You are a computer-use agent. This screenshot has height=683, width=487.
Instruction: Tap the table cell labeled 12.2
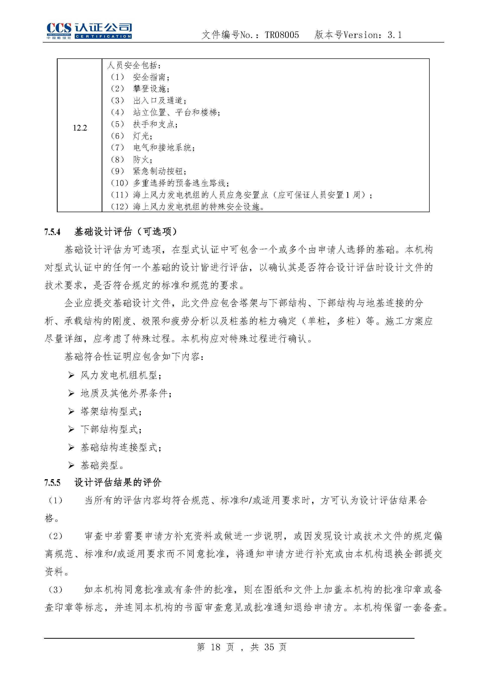pos(80,128)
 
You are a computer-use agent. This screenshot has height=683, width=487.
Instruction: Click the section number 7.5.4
pos(53,232)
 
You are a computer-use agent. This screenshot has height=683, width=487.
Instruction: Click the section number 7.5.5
pos(53,483)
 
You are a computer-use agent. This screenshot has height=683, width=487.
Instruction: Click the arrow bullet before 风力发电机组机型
pos(71,375)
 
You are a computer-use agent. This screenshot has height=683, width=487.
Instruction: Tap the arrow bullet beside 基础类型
pos(71,466)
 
